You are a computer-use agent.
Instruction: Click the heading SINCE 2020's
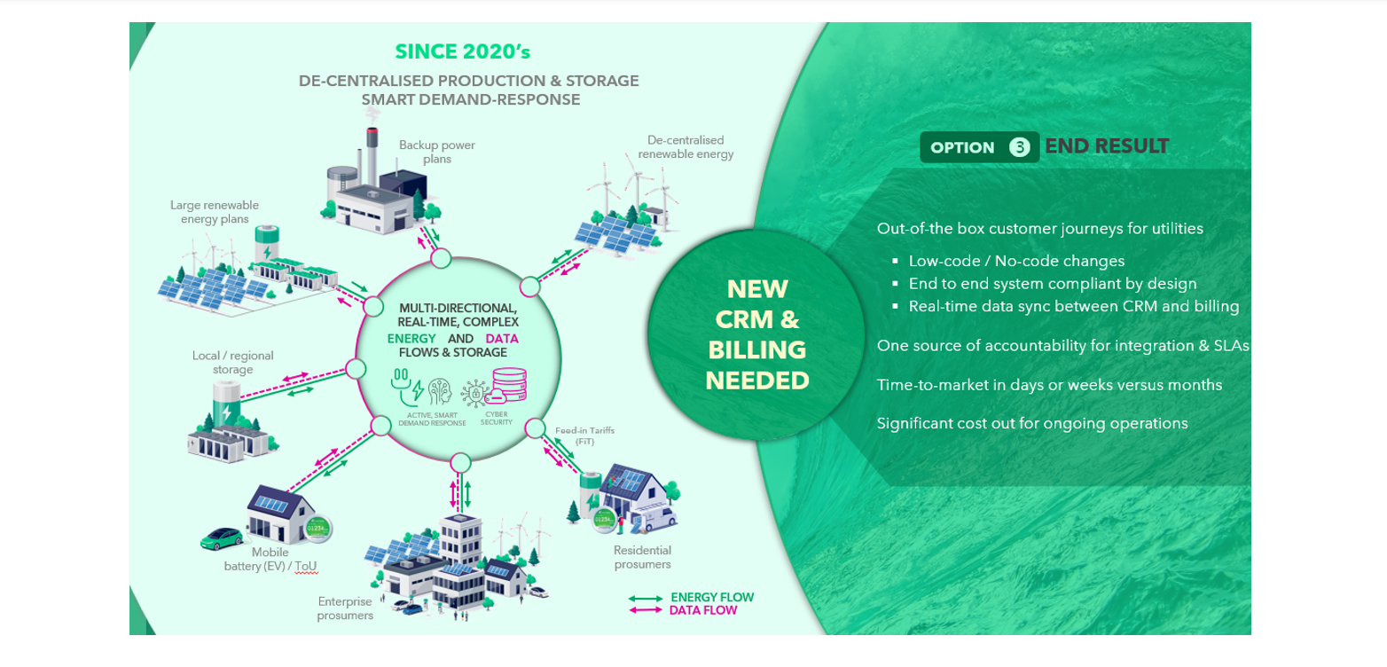coord(462,51)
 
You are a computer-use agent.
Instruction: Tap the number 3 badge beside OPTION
coord(1020,147)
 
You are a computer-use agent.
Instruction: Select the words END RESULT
coord(1107,146)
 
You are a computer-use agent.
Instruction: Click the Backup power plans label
coord(436,152)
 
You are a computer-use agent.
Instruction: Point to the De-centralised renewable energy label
coord(686,147)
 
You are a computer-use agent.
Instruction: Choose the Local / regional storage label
coord(233,363)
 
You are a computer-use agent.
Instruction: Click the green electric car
coord(221,538)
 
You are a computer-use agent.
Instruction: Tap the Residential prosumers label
coord(642,557)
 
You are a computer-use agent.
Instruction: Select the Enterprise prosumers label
coord(345,608)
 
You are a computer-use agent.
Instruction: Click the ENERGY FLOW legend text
coord(712,597)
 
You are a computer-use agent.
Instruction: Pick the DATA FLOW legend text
coord(703,610)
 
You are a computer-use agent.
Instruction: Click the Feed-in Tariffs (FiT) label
coord(584,436)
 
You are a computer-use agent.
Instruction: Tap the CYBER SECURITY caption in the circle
coord(497,419)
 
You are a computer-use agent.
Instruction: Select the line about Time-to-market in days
coord(1049,385)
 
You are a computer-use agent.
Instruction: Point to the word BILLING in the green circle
coord(756,349)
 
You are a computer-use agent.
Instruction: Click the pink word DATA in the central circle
coord(502,339)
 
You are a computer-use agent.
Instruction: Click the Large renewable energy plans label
coord(215,212)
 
